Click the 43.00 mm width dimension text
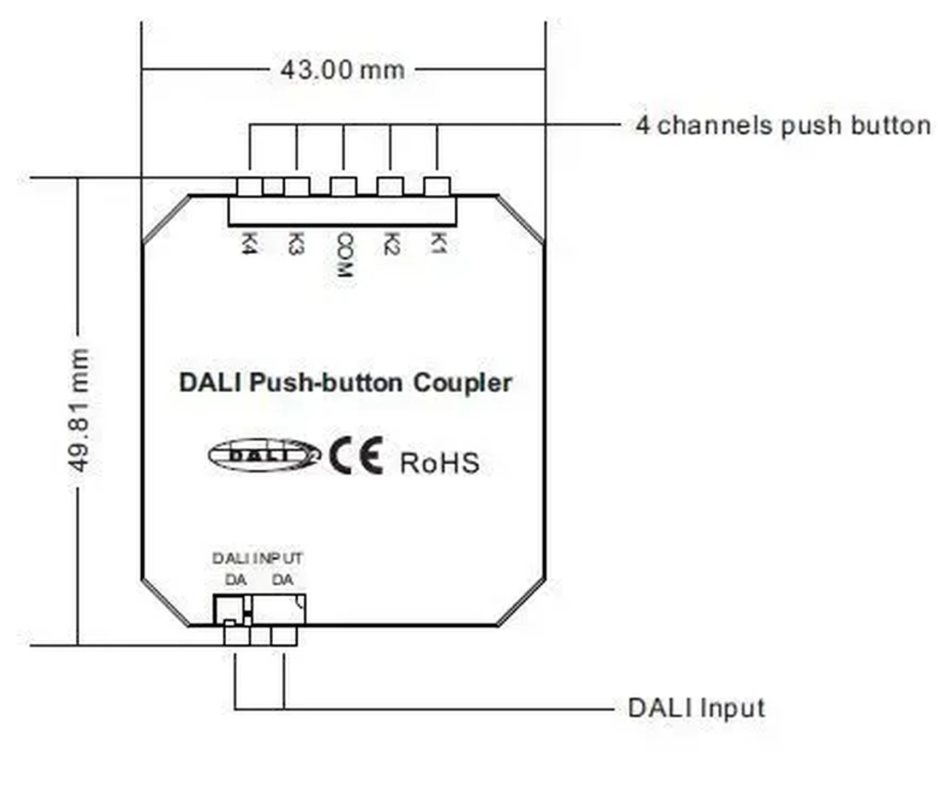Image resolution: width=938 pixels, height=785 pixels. click(342, 70)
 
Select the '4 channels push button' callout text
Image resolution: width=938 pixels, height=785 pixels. click(783, 125)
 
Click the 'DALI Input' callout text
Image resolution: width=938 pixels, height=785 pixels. click(696, 708)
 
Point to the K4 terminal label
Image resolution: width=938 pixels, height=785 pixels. click(249, 243)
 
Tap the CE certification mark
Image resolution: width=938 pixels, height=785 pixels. click(356, 456)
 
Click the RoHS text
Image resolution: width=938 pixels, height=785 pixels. click(440, 463)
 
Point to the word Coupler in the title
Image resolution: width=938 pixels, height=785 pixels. click(462, 383)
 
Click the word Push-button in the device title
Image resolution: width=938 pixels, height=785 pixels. click(326, 382)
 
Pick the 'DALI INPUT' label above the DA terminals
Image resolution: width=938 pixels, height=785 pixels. click(257, 559)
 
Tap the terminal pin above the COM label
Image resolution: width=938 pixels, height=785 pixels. click(343, 186)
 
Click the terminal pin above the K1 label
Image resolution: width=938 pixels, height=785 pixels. click(437, 186)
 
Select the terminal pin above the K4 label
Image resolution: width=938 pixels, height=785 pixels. click(249, 186)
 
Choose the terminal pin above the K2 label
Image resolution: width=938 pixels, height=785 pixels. click(390, 186)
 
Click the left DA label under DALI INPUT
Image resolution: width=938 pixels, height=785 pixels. click(236, 580)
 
